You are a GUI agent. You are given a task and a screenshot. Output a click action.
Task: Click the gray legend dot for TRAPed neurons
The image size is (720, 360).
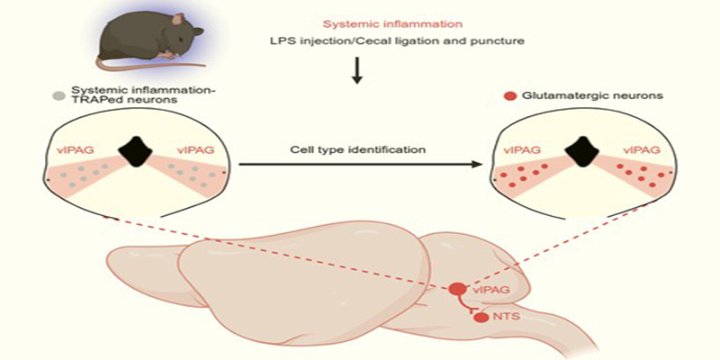pos(59,94)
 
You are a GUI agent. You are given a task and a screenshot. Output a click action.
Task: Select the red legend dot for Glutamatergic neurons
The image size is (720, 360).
pos(509,94)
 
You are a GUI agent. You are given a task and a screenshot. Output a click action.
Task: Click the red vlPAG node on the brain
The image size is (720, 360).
pos(458,290)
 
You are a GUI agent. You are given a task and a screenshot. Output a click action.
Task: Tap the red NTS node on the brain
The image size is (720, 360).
pos(481,317)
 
